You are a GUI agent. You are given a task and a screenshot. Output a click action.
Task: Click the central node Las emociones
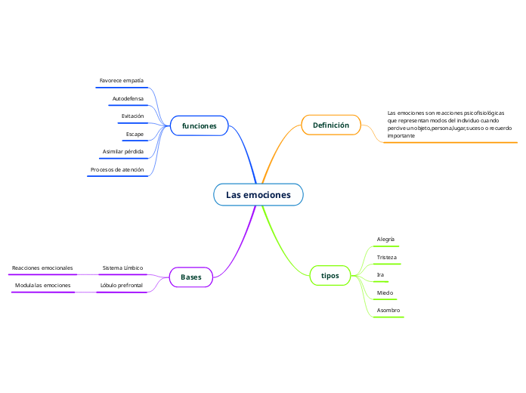pyautogui.click(x=258, y=195)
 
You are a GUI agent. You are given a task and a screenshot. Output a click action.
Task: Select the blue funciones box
pyautogui.click(x=200, y=125)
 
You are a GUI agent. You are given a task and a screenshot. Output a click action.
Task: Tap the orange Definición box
pyautogui.click(x=331, y=125)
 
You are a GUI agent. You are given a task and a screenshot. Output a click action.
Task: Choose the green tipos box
pyautogui.click(x=330, y=275)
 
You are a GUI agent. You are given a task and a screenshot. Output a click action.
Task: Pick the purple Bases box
pyautogui.click(x=191, y=277)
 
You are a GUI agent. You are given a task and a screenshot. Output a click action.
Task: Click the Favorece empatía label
pyautogui.click(x=122, y=80)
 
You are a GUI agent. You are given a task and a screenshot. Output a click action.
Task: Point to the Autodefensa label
pyautogui.click(x=128, y=98)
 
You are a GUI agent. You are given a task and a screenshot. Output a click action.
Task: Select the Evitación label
pyautogui.click(x=132, y=116)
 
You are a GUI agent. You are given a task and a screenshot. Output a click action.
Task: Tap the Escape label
pyautogui.click(x=135, y=134)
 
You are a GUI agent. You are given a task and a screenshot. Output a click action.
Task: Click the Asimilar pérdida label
pyautogui.click(x=123, y=151)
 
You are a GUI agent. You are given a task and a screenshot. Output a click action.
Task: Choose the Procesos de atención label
pyautogui.click(x=117, y=169)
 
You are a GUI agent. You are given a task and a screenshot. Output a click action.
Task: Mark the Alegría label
pyautogui.click(x=385, y=239)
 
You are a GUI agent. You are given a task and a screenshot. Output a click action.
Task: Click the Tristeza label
pyautogui.click(x=386, y=257)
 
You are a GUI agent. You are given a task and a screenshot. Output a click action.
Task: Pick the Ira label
pyautogui.click(x=380, y=274)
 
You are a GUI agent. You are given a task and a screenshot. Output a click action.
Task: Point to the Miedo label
pyautogui.click(x=385, y=292)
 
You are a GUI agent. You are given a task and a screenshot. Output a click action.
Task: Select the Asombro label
pyautogui.click(x=388, y=311)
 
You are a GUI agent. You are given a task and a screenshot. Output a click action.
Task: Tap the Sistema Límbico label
pyautogui.click(x=122, y=268)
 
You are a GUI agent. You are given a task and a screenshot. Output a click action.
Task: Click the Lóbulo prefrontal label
pyautogui.click(x=121, y=285)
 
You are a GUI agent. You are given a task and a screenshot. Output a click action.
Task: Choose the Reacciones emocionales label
pyautogui.click(x=42, y=268)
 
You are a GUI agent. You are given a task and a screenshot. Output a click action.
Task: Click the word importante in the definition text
pyautogui.click(x=401, y=135)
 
